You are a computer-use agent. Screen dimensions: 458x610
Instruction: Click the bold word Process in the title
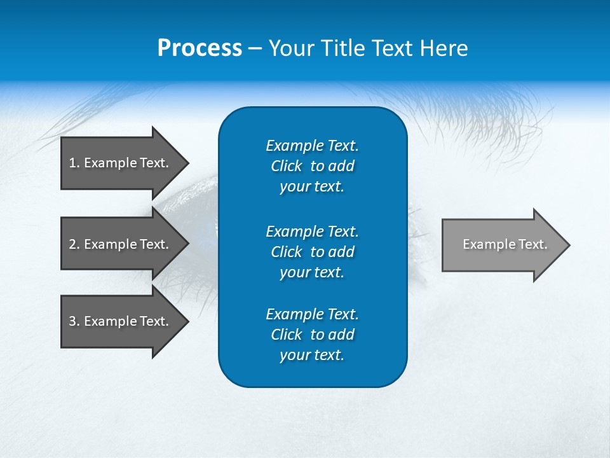click(x=200, y=48)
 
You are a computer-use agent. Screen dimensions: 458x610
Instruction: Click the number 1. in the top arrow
click(x=74, y=163)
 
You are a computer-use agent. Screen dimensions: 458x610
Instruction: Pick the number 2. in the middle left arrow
click(x=74, y=244)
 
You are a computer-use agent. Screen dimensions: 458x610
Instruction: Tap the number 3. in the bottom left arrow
click(x=74, y=321)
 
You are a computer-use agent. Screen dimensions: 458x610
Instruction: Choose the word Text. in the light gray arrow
click(x=533, y=244)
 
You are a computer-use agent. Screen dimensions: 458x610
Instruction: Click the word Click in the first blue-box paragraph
click(x=286, y=166)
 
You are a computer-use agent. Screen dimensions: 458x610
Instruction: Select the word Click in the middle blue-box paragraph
click(x=286, y=252)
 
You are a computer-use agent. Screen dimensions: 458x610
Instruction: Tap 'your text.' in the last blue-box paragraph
click(x=312, y=356)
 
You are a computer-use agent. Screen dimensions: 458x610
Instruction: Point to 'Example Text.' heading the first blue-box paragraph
click(x=312, y=146)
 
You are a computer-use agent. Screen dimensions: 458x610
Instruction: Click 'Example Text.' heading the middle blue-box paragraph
click(x=312, y=231)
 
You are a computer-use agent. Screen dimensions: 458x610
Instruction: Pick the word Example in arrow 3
click(x=111, y=321)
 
